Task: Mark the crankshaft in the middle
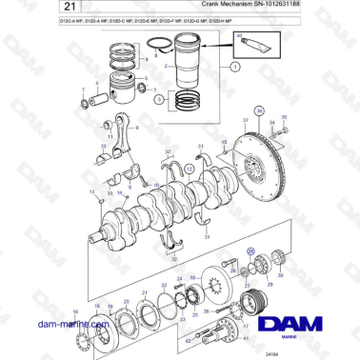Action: pyautogui.click(x=157, y=199)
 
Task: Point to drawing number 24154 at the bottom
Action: pyautogui.click(x=254, y=354)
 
